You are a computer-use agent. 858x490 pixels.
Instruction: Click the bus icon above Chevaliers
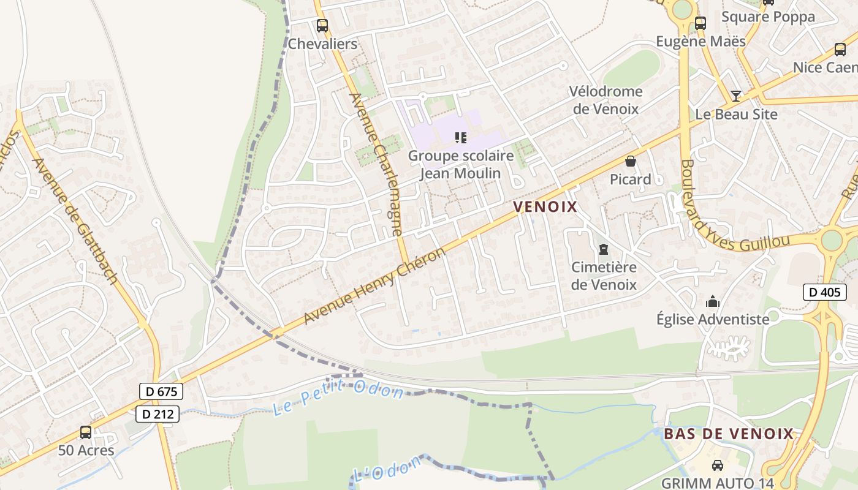pos(322,26)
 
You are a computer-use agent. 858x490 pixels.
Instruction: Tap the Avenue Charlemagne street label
pos(376,164)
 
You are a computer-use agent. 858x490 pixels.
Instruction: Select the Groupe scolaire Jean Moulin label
pos(460,164)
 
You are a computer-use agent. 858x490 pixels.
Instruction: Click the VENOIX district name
pos(545,206)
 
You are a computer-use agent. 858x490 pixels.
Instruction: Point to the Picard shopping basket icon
pos(630,162)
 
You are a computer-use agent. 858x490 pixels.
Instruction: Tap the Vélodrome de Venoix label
pos(606,100)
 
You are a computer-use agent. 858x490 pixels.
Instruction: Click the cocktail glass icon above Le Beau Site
pos(736,96)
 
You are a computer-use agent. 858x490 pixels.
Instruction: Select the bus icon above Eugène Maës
pos(700,23)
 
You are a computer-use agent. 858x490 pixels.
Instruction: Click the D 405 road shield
pos(824,292)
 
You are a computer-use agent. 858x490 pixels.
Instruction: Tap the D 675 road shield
pos(161,391)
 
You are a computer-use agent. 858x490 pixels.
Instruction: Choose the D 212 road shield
pos(158,414)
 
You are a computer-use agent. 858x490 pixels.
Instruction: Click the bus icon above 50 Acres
pos(86,432)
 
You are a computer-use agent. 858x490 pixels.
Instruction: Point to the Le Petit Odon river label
pos(338,397)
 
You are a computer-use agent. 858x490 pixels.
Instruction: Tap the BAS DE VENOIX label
pos(729,434)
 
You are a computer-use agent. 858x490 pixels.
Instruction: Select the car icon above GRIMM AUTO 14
pos(717,466)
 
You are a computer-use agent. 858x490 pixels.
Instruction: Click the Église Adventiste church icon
pos(712,301)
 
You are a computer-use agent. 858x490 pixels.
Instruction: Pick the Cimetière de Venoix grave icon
pos(604,249)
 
